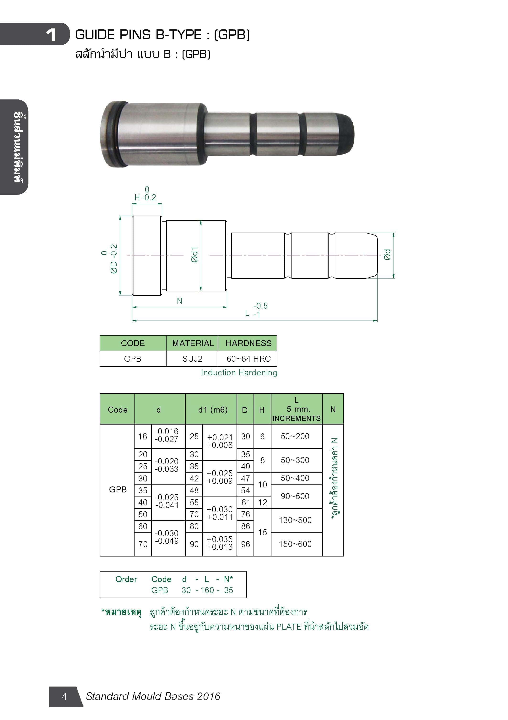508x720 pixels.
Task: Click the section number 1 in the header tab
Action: [x=51, y=35]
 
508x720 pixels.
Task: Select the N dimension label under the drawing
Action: [x=179, y=301]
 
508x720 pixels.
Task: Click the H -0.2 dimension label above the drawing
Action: [x=145, y=197]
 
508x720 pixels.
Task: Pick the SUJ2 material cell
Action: [x=192, y=359]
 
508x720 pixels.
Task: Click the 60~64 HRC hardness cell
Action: [x=249, y=359]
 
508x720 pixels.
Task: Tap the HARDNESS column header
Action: [x=249, y=343]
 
